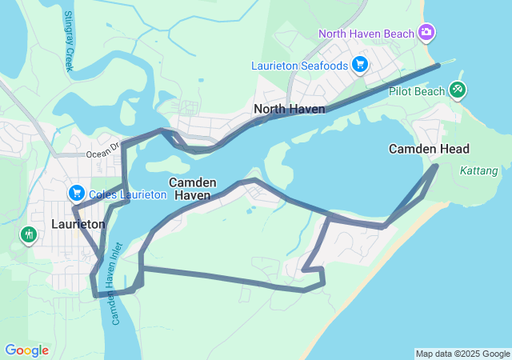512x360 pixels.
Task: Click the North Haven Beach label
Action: pos(366,33)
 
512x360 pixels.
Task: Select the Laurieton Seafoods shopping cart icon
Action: pos(360,64)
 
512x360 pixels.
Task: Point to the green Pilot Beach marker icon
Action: pos(458,90)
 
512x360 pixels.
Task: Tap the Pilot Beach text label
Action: pos(416,92)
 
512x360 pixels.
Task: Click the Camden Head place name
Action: pos(429,149)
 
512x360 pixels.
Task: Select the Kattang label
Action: pos(479,170)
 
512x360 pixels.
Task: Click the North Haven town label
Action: pos(289,109)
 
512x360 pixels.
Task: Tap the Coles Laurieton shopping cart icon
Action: pos(77,193)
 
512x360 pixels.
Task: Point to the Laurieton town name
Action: pos(78,225)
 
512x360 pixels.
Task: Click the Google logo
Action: pos(26,350)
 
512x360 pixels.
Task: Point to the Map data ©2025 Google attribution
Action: pos(462,354)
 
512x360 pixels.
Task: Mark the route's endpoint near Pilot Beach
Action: pos(439,66)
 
